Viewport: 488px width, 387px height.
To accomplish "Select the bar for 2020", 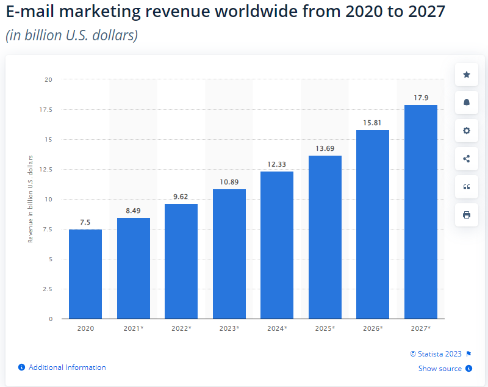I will click(85, 274).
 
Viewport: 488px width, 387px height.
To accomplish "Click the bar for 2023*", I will click(229, 254).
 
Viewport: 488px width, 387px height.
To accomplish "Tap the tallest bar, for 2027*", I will click(421, 212).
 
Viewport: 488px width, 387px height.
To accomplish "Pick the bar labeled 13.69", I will click(325, 237).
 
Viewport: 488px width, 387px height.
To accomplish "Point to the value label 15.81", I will click(373, 123).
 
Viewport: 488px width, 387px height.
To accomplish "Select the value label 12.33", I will click(277, 165).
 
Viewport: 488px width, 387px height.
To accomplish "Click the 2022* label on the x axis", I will click(181, 328).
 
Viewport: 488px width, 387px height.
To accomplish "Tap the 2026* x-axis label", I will click(373, 328).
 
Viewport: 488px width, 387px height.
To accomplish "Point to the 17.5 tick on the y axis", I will click(46, 110).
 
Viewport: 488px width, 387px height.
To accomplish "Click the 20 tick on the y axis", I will click(48, 80).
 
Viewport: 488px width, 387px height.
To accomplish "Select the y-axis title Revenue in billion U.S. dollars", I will click(30, 199).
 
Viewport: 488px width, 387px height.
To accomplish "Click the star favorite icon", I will click(467, 74).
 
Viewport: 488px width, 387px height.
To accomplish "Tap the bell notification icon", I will click(467, 103).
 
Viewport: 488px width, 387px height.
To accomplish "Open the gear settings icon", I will click(467, 131).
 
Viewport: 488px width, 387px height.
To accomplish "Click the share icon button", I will click(467, 159).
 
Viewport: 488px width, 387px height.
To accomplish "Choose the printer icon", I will click(467, 215).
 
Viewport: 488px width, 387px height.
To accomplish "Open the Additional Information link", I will click(67, 367).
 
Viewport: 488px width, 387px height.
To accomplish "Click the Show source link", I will click(440, 369).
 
